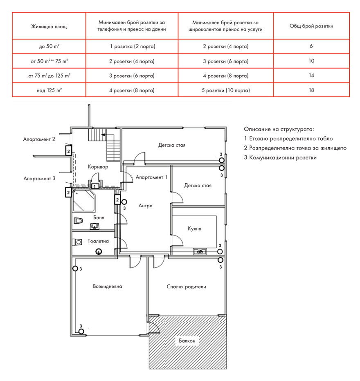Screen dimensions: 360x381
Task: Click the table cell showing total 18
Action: click(x=311, y=90)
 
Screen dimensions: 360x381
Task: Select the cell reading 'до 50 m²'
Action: click(x=49, y=46)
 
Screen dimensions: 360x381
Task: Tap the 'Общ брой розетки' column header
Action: click(x=311, y=26)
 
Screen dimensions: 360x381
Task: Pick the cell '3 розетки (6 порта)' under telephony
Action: click(x=132, y=76)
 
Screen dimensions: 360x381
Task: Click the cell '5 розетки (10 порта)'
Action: click(x=225, y=90)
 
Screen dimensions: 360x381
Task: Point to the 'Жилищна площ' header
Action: click(x=49, y=26)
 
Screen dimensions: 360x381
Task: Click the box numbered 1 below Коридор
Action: click(x=95, y=186)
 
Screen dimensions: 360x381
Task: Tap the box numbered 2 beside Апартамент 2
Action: click(x=69, y=151)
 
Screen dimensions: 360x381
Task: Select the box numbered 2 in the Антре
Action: click(x=117, y=200)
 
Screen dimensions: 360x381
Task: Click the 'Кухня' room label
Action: click(x=194, y=229)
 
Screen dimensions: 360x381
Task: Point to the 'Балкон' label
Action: click(x=187, y=341)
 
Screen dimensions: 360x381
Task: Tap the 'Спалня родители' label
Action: click(x=187, y=287)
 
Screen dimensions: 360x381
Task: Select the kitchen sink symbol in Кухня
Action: click(x=200, y=251)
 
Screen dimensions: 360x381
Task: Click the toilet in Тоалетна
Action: click(x=77, y=242)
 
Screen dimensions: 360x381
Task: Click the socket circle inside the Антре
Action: click(x=124, y=202)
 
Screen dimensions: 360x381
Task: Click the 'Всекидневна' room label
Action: click(x=108, y=286)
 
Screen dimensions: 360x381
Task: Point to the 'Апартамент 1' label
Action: click(x=151, y=177)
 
